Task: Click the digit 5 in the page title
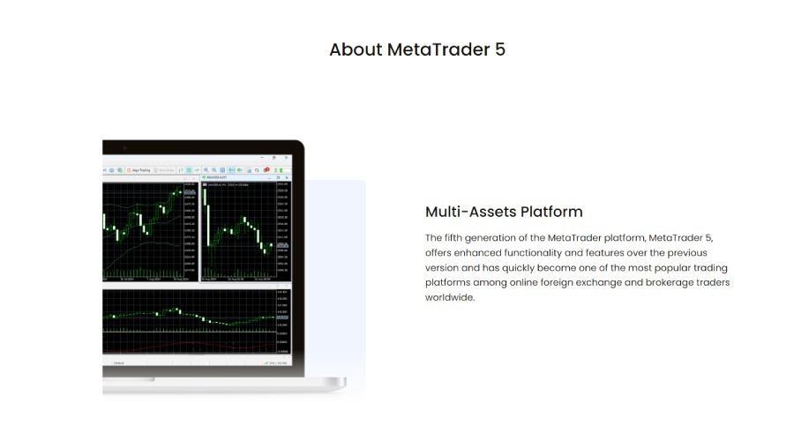[500, 49]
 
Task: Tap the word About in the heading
[356, 49]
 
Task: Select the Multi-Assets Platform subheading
[504, 212]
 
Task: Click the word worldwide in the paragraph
[450, 297]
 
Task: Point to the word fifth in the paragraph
[468, 237]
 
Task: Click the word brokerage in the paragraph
[652, 282]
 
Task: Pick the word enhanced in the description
[481, 252]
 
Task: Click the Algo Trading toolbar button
[139, 170]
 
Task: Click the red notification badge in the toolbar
[266, 169]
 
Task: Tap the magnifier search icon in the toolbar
[257, 170]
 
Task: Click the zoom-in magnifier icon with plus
[206, 170]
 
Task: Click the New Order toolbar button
[166, 170]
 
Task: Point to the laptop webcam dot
[124, 147]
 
